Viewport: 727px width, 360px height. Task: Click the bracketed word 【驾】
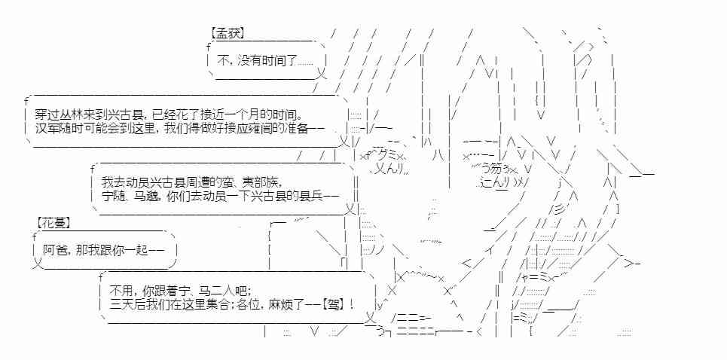334,304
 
